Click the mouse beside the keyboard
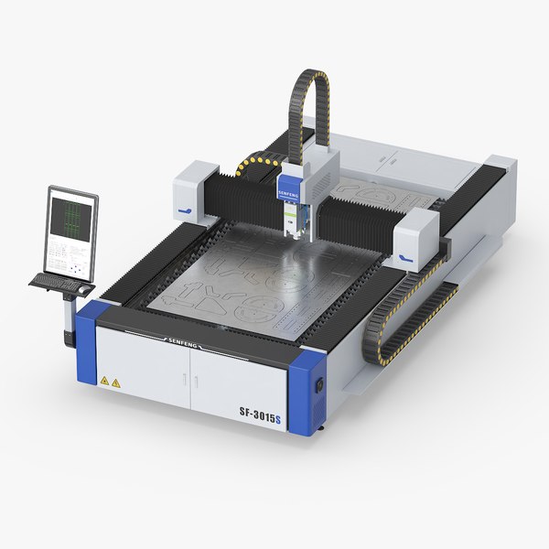click(85, 289)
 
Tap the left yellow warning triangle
click(105, 379)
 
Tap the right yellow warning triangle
click(116, 382)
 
